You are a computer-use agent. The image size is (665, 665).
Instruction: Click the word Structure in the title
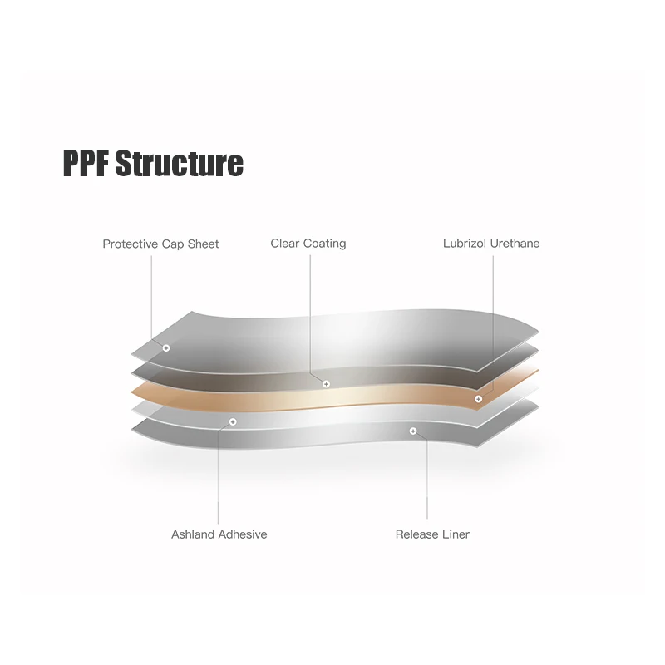pos(179,163)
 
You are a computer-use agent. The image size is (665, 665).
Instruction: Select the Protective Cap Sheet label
pos(160,244)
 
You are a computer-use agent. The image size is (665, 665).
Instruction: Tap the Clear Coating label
pos(308,244)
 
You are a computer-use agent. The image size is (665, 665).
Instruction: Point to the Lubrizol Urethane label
pos(491,244)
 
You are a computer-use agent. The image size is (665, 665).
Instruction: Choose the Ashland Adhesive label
pos(219,534)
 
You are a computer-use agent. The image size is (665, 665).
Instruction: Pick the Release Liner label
pos(432,534)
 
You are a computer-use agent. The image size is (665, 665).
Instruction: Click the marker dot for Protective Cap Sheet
pos(166,347)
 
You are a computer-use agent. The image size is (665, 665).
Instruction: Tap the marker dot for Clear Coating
pos(326,384)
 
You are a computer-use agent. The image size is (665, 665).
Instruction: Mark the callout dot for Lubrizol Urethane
pos(478,400)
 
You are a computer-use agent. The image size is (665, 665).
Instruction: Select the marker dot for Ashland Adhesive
pos(233,422)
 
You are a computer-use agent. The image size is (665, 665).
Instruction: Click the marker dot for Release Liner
pos(413,431)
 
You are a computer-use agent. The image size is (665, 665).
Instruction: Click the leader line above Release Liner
pos(428,482)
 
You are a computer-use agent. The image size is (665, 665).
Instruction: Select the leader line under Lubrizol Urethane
pos(492,316)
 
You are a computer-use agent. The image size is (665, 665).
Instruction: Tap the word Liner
pos(453,534)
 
